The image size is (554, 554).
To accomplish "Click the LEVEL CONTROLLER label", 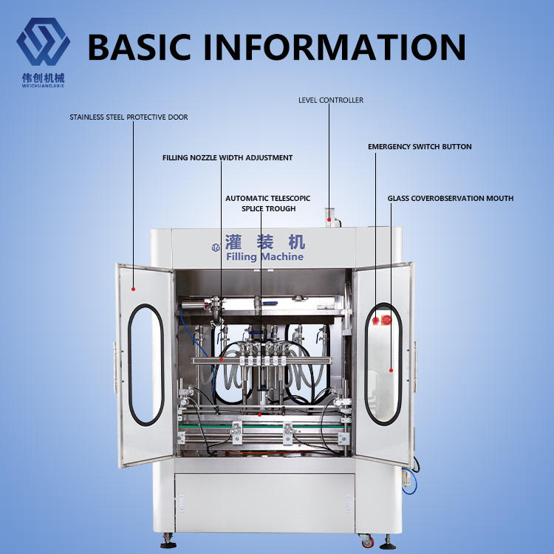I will click(331, 100).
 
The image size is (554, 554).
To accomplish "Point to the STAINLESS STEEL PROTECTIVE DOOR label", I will click(129, 117).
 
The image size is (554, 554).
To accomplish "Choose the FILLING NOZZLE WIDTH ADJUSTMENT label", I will click(228, 157).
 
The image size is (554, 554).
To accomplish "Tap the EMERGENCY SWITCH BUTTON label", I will click(420, 147).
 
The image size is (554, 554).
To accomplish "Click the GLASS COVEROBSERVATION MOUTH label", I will click(451, 198).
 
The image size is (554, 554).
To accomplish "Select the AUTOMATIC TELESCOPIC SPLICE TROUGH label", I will click(268, 203).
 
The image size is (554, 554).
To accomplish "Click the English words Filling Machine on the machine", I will click(264, 257).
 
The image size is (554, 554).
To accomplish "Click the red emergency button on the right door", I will click(386, 320).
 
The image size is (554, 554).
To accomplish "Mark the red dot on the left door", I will click(134, 289).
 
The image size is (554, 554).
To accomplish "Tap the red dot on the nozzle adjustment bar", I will click(221, 358).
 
